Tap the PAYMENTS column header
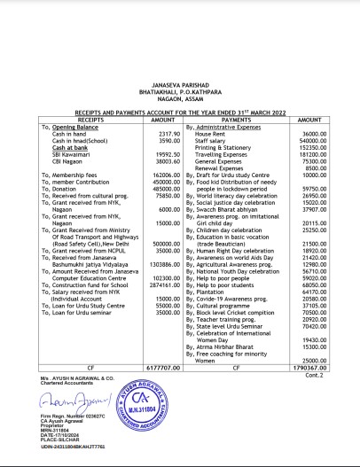[238, 118]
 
